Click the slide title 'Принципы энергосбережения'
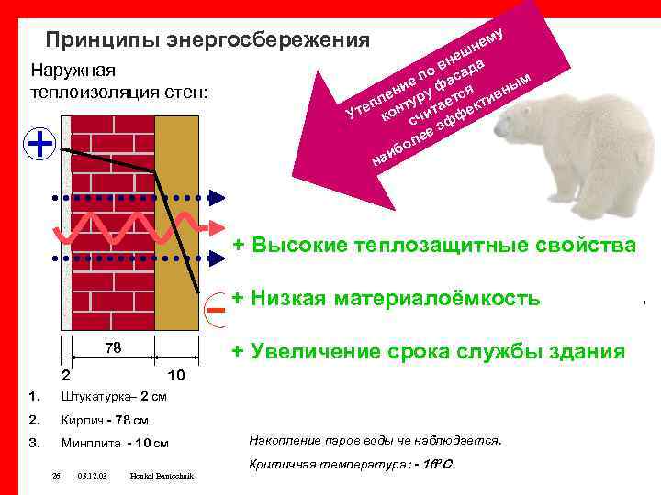coord(207,40)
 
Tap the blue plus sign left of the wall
coord(39,144)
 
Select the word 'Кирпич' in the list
coord(80,420)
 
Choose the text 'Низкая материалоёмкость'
coord(396,298)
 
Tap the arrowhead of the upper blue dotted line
coord(217,196)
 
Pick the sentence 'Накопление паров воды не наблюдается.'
coord(375,440)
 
